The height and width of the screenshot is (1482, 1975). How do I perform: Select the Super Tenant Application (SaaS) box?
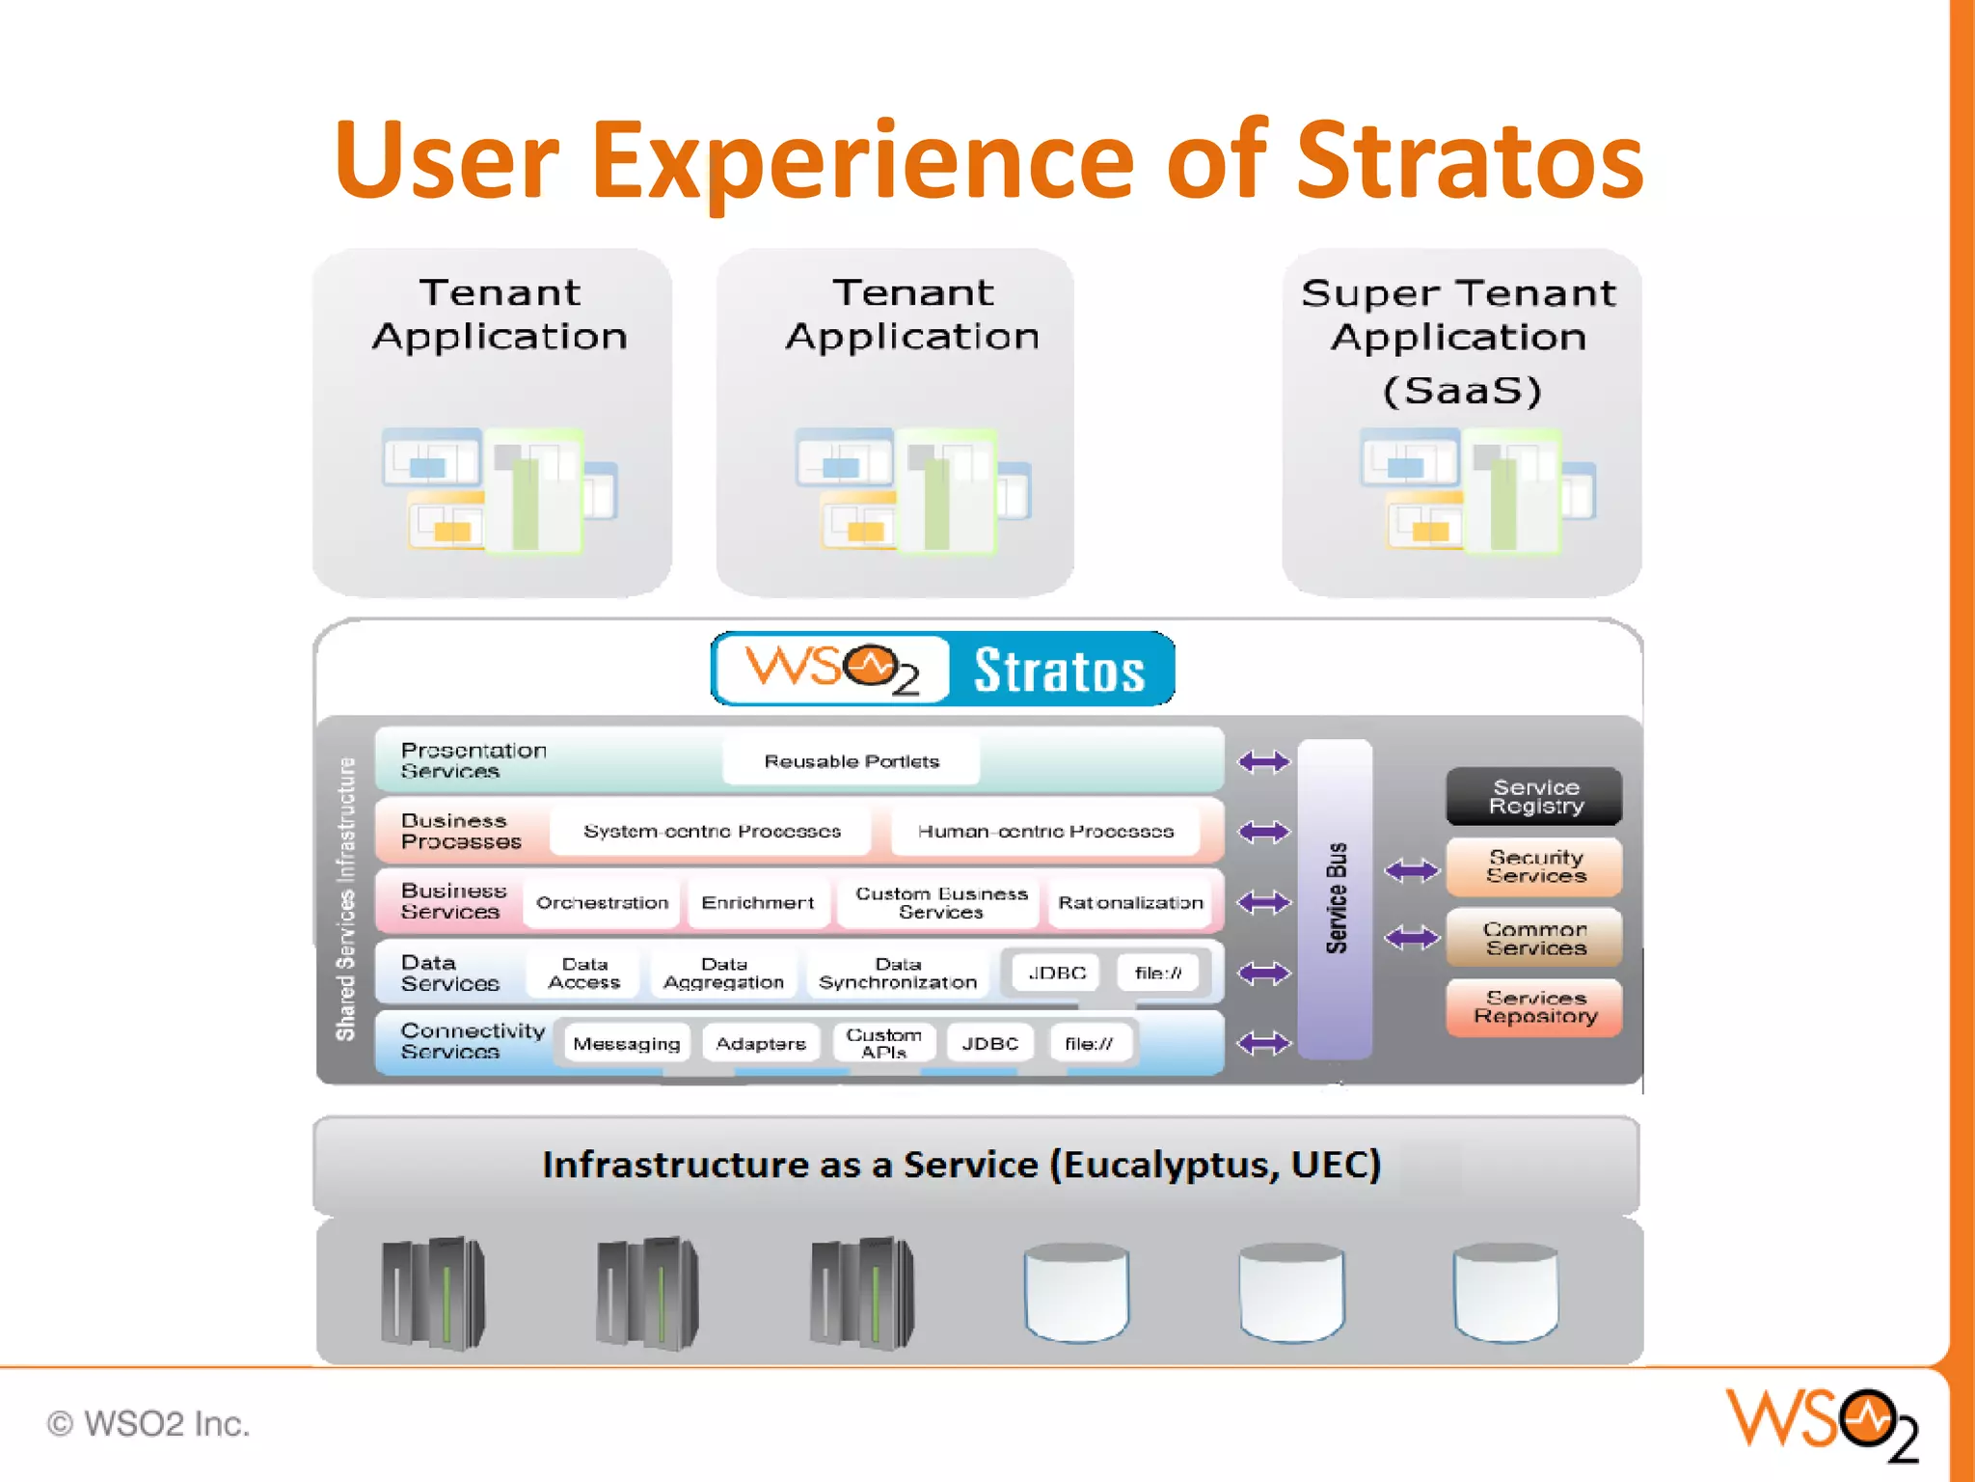tap(1461, 423)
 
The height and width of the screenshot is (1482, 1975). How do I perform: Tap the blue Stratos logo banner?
tap(943, 669)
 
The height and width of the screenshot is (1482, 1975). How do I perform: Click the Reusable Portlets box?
tap(851, 761)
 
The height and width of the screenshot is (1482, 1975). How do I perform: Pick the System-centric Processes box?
tap(712, 831)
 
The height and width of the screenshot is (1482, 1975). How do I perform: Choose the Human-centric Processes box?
tap(1045, 831)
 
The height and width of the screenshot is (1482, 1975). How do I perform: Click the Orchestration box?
tap(602, 902)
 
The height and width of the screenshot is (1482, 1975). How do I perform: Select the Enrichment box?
tap(757, 902)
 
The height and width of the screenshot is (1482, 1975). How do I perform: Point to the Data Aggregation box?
tap(723, 973)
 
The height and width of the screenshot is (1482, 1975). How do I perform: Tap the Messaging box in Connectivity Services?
tap(627, 1043)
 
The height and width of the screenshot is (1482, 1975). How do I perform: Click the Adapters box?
tap(761, 1043)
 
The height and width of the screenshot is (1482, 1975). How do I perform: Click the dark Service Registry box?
tap(1534, 796)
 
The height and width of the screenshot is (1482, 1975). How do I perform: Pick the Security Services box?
tap(1534, 866)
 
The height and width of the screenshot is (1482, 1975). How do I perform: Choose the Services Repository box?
tap(1534, 1007)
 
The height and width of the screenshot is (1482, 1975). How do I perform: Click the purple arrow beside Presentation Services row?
tap(1263, 761)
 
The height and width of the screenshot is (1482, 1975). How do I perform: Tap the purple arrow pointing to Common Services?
tap(1411, 937)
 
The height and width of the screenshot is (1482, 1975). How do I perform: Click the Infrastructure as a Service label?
tap(960, 1165)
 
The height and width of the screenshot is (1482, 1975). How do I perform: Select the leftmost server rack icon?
tap(433, 1292)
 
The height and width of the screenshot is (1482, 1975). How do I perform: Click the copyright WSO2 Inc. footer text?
tap(149, 1423)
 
